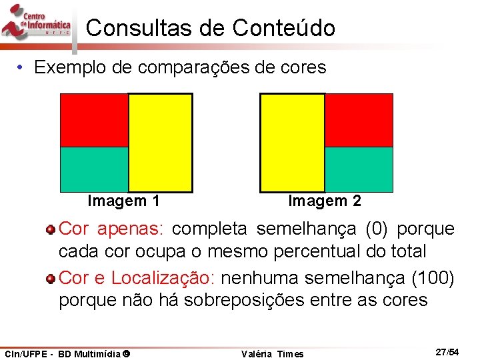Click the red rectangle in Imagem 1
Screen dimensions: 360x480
(94, 120)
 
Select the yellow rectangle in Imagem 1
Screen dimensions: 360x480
(160, 142)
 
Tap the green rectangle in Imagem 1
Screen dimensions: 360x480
(94, 169)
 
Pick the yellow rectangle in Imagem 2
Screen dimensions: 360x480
(292, 142)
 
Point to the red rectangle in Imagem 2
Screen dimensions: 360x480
(359, 120)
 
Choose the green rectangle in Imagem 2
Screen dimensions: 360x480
(359, 169)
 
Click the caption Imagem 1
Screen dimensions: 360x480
(123, 201)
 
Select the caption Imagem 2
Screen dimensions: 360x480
(325, 201)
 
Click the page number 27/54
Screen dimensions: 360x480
(446, 351)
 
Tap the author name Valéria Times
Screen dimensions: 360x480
(272, 354)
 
